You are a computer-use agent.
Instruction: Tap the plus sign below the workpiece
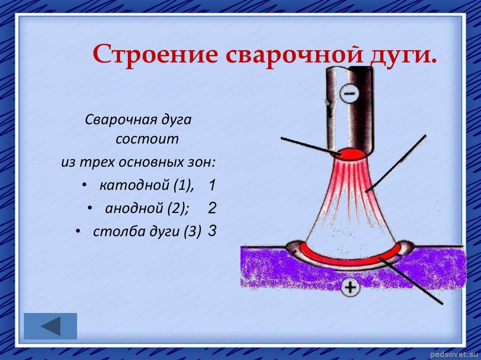[350, 288]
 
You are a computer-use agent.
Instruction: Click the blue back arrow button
[50, 326]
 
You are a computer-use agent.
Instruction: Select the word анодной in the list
[134, 208]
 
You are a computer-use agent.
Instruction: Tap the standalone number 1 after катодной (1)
[212, 185]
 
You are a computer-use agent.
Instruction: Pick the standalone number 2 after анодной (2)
[212, 208]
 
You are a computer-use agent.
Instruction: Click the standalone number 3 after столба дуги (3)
[212, 230]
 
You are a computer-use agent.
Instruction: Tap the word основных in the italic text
[151, 162]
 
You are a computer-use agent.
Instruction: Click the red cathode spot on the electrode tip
[351, 154]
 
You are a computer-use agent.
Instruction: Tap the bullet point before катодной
[84, 185]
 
